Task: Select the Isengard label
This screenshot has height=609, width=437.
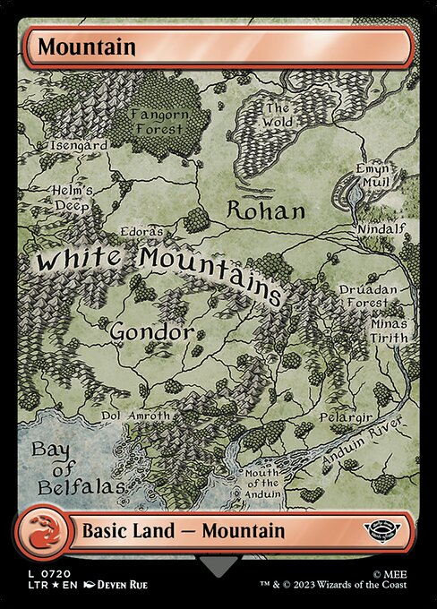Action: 80,144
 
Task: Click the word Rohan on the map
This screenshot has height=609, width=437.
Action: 265,211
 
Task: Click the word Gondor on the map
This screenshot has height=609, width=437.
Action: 151,332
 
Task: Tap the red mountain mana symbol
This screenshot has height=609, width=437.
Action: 43,530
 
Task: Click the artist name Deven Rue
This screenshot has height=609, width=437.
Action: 116,585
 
